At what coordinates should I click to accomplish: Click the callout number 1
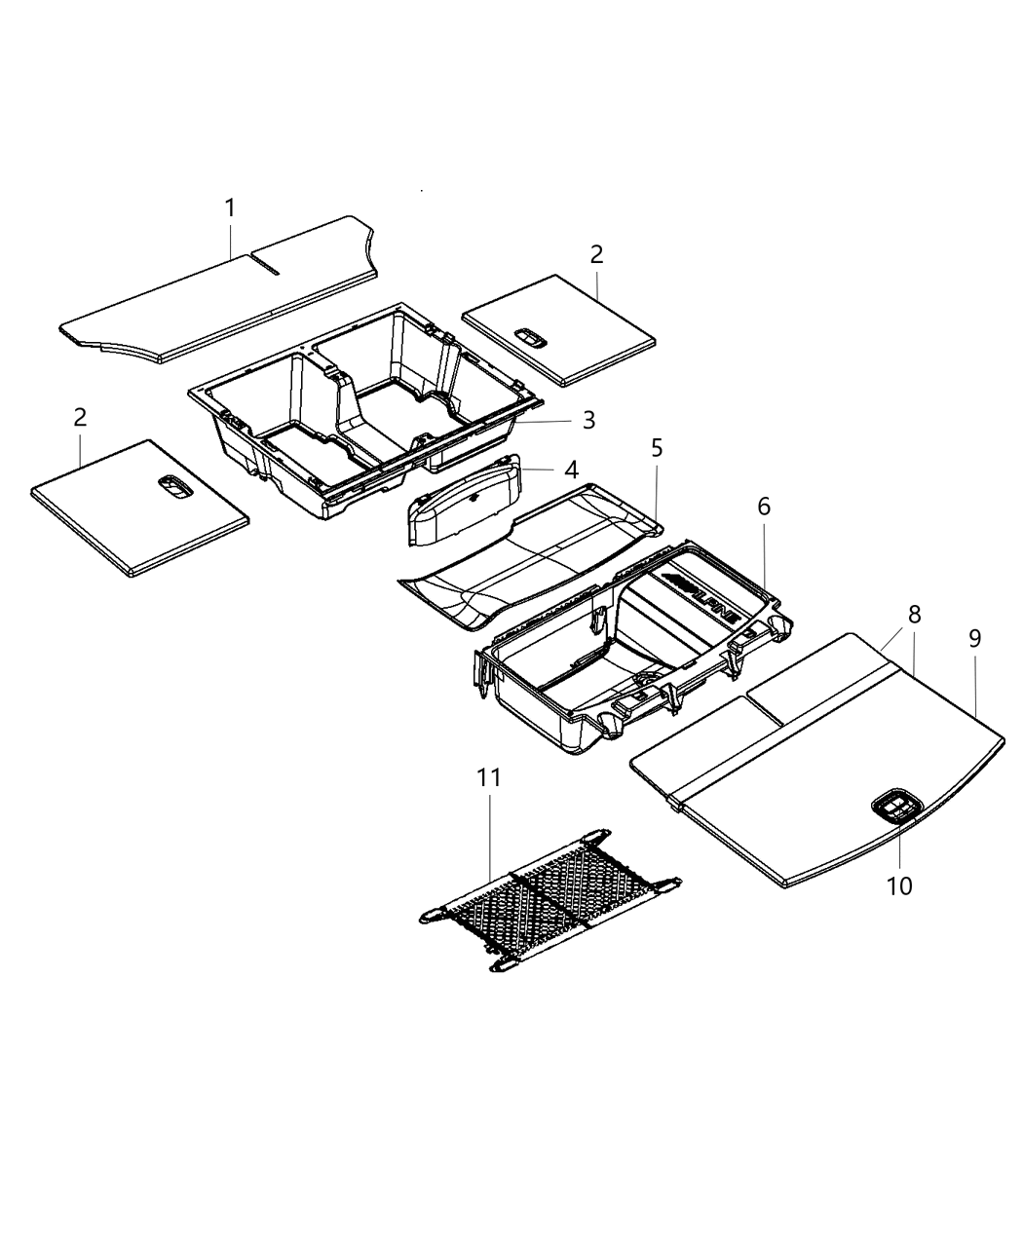tap(230, 208)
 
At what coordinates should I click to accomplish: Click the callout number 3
tap(588, 420)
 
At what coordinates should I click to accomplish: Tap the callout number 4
tap(571, 470)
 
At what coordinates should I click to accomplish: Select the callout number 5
tap(657, 448)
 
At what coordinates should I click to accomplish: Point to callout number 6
tap(763, 507)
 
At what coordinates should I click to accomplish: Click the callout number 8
tap(914, 615)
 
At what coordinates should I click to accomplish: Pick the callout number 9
tap(974, 639)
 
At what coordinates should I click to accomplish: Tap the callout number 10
tap(899, 885)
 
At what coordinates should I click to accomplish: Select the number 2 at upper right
tap(596, 255)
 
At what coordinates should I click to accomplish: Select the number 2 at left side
tap(80, 417)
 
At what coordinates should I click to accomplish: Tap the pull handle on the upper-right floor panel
tap(531, 337)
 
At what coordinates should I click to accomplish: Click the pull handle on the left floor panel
tap(176, 487)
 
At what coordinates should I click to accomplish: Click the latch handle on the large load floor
tap(896, 808)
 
